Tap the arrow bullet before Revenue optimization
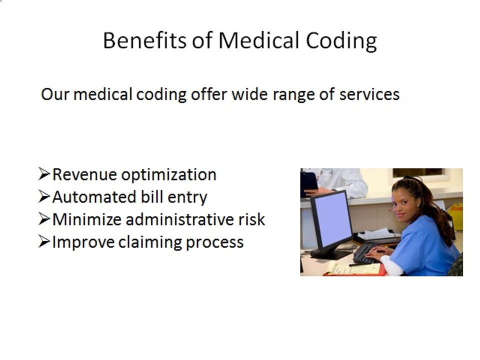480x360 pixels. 44,174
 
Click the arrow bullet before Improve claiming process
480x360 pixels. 44,242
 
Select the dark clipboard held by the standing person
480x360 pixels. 308,183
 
